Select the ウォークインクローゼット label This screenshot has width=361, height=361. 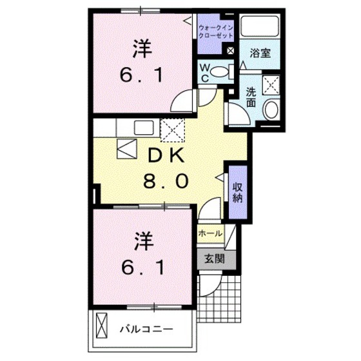click(215, 32)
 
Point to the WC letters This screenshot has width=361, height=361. click(204, 72)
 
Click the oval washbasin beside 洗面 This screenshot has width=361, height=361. click(271, 109)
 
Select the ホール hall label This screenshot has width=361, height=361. click(210, 233)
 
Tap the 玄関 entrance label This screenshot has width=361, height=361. click(215, 259)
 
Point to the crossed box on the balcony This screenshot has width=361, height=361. click(102, 325)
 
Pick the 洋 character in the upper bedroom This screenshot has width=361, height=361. click(142, 48)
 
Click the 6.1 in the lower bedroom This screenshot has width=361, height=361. click(144, 266)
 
